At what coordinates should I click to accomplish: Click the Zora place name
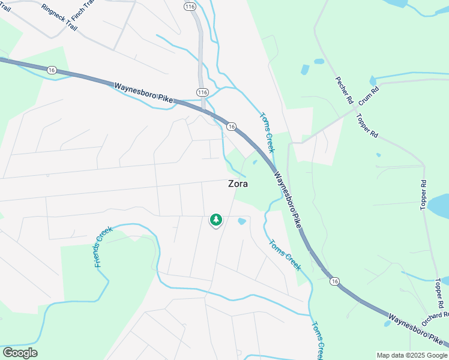(x=238, y=184)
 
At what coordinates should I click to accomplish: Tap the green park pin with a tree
(x=215, y=221)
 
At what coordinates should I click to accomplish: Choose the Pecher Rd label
(x=343, y=91)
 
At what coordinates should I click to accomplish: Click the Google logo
(x=20, y=353)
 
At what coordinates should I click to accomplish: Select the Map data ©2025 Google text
(x=411, y=355)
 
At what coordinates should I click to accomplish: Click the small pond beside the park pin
(x=242, y=221)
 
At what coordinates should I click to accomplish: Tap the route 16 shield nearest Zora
(x=231, y=126)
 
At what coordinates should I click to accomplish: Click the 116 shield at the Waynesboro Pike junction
(x=202, y=92)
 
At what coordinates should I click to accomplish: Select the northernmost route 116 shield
(x=190, y=6)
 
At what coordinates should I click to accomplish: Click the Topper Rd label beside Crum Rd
(x=365, y=125)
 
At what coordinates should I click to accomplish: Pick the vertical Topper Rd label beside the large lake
(x=423, y=194)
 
